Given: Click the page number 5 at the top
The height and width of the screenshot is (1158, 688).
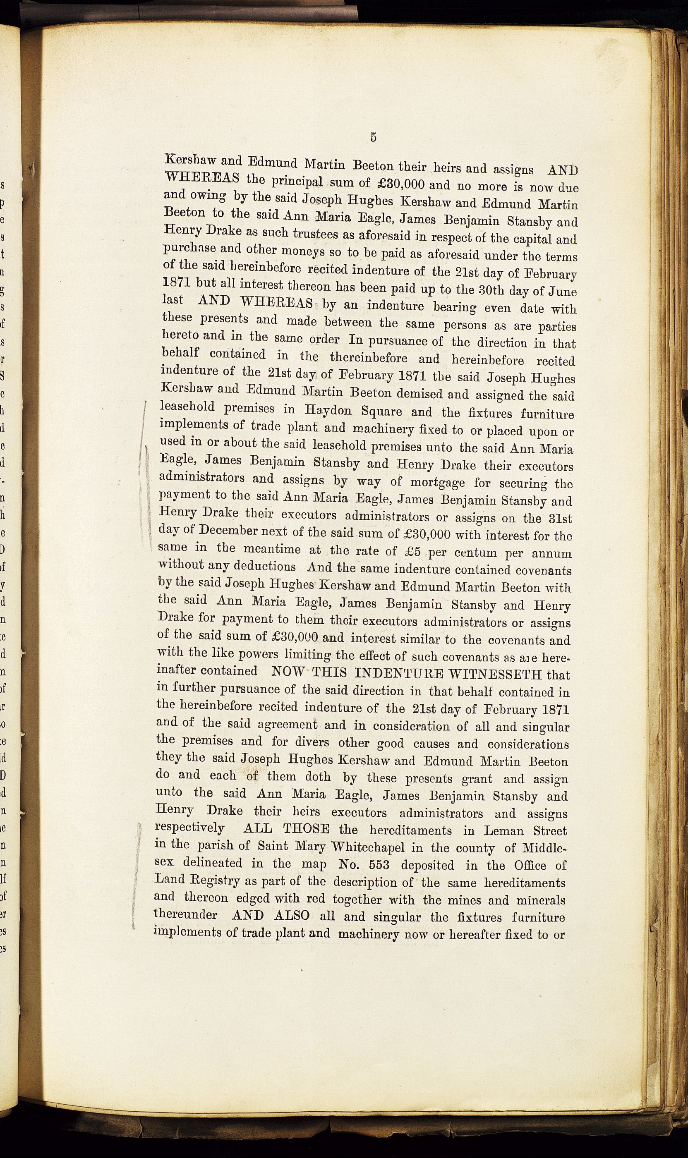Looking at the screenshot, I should pyautogui.click(x=373, y=137).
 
